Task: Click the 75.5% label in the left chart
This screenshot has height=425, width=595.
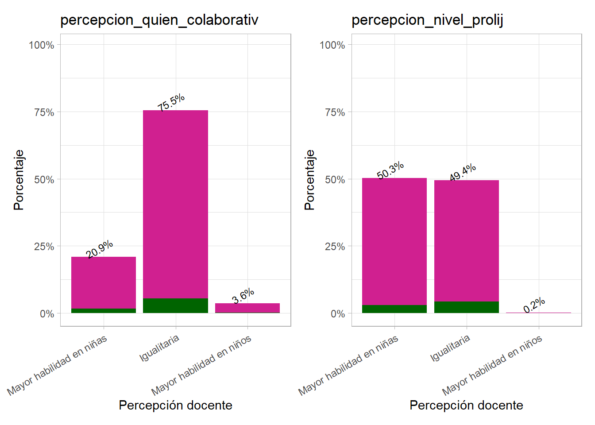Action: [x=171, y=102]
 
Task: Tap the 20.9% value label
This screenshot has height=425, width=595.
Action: [x=100, y=249]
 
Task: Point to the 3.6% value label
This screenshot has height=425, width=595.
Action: [x=243, y=295]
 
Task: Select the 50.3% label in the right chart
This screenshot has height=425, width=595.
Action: [x=390, y=170]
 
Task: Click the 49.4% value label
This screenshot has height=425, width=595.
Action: [x=463, y=172]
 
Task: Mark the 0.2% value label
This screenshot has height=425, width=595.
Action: [x=534, y=305]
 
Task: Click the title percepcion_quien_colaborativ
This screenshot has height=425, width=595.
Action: [x=159, y=20]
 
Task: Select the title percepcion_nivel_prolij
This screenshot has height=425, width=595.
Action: [x=427, y=20]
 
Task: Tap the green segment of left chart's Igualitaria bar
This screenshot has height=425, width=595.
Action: [x=175, y=305]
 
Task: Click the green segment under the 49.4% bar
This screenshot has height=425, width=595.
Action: [x=467, y=307]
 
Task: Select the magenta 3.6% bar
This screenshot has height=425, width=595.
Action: [x=247, y=308]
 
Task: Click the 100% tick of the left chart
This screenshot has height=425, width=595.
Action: [x=42, y=45]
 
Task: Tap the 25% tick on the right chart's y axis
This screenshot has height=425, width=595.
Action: [x=335, y=247]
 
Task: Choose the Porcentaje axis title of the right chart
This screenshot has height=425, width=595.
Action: [x=309, y=180]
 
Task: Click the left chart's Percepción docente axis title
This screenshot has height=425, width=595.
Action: [x=175, y=405]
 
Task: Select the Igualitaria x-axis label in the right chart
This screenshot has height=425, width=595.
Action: [x=450, y=348]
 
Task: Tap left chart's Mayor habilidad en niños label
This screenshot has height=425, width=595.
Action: [x=201, y=365]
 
